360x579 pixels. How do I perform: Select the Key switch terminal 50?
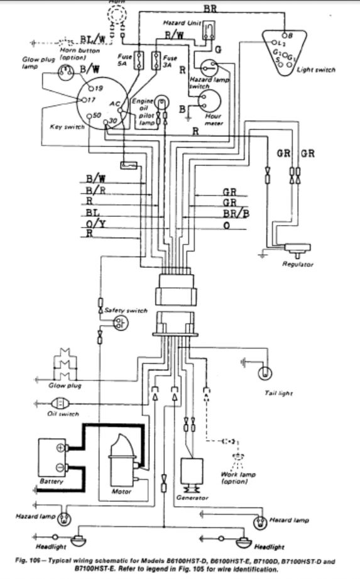coord(90,116)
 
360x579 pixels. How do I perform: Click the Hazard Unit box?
coord(214,30)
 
